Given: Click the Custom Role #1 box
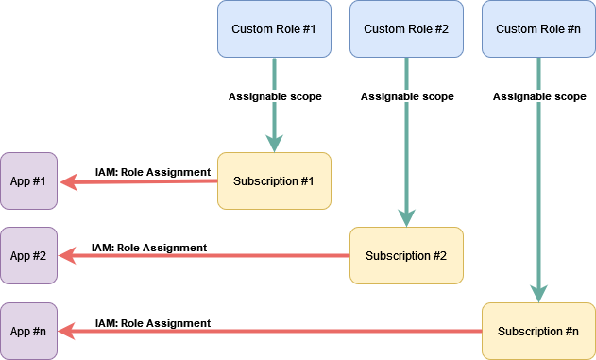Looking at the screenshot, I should click(274, 28).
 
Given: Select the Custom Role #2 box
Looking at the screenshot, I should click(406, 28).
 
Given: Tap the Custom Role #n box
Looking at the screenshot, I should click(538, 28).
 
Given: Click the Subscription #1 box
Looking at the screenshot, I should click(274, 180).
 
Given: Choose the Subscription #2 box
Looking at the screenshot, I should click(406, 255).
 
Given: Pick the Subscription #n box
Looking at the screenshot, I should click(538, 331).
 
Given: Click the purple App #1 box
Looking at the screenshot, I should click(29, 180).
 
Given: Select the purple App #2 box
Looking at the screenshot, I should click(29, 255).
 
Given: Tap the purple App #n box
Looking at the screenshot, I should click(29, 331).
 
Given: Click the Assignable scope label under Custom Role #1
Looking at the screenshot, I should click(275, 96).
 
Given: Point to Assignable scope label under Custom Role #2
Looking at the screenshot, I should click(407, 96).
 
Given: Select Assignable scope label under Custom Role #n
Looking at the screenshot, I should click(539, 96).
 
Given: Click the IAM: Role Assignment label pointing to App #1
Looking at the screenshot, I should click(152, 172).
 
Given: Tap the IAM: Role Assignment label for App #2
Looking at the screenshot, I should click(149, 248).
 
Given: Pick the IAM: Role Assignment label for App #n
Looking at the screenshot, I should click(153, 323).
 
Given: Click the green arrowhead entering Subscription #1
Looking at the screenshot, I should click(274, 144).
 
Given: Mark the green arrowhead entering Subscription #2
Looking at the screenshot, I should click(406, 218).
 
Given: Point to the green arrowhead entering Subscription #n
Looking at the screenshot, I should click(538, 294).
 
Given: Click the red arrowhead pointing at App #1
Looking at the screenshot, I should click(67, 180).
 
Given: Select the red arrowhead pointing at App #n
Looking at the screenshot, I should click(67, 331).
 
